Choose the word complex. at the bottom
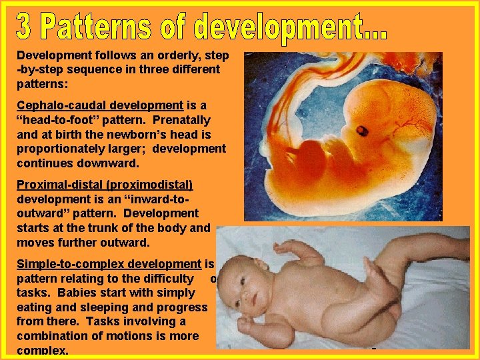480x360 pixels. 43,350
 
